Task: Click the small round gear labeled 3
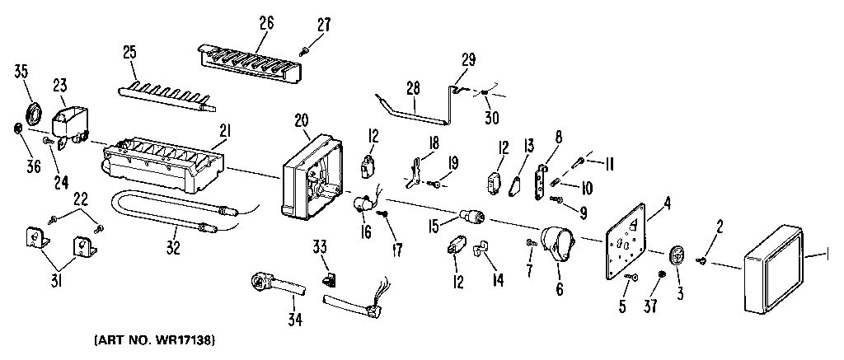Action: click(x=677, y=255)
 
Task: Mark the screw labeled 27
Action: click(x=306, y=51)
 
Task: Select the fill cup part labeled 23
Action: click(x=70, y=124)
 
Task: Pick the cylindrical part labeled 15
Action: click(x=472, y=217)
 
